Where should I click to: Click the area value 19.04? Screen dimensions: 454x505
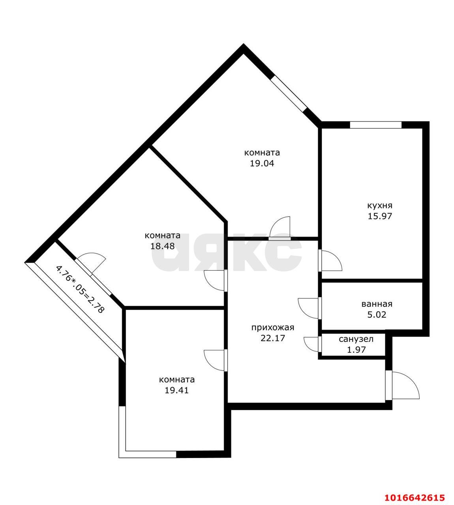pos(262,163)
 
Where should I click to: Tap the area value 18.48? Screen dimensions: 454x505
pos(162,246)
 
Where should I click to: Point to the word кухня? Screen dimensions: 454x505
pos(380,206)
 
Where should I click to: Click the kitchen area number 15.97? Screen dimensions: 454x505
pos(380,216)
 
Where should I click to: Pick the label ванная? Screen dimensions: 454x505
pos(377,304)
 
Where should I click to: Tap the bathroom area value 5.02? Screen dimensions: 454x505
pos(377,314)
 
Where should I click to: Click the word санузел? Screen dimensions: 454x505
pos(356,339)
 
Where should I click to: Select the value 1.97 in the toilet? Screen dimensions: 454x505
pos(356,350)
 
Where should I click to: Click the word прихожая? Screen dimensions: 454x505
pos(273,328)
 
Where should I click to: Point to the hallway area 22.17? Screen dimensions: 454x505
pos(273,338)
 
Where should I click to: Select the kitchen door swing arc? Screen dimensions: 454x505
pos(337,257)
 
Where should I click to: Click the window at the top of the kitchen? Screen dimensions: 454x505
pos(376,125)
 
